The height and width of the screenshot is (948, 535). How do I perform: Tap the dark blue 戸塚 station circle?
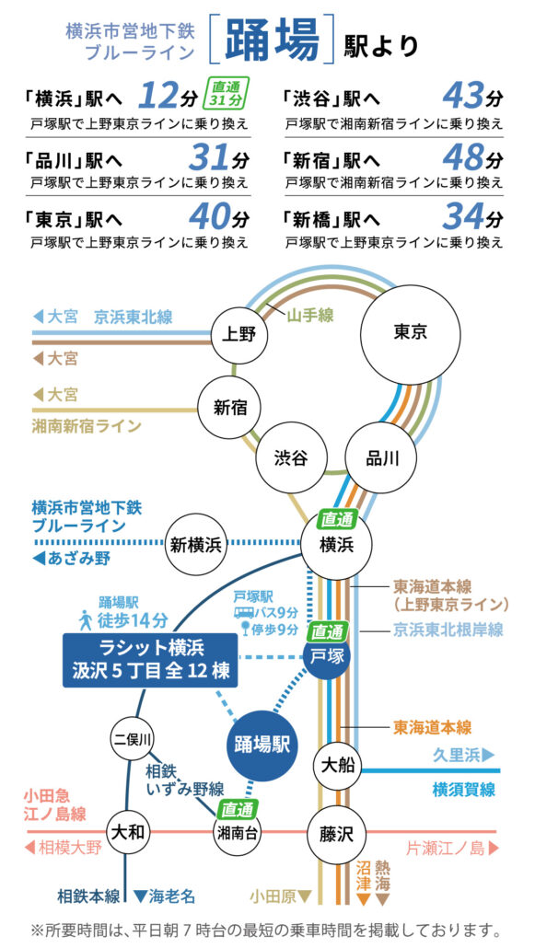point(327,656)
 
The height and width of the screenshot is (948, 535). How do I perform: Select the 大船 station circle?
point(337,766)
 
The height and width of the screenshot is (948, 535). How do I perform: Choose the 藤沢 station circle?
point(337,835)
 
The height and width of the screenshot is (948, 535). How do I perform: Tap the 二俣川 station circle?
point(133,739)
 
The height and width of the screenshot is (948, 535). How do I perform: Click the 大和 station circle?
point(128,832)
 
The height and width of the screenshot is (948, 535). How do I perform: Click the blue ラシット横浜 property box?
point(149,660)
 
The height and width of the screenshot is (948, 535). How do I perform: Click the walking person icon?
point(85,620)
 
